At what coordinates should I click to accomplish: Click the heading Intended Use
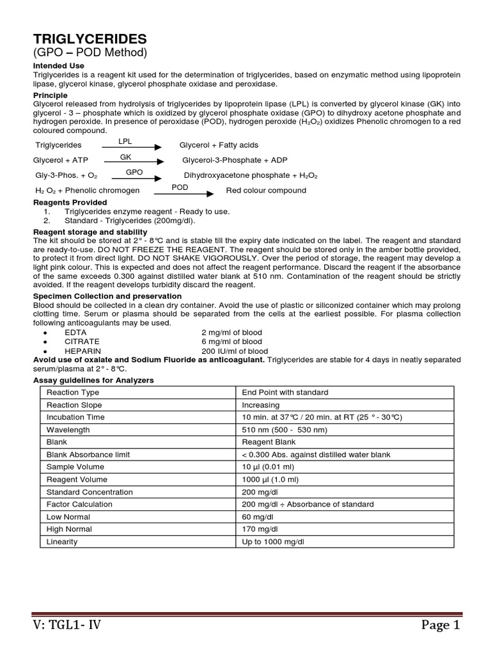(x=58, y=66)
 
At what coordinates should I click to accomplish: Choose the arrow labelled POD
(x=182, y=192)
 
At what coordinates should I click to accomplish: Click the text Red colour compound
(x=266, y=191)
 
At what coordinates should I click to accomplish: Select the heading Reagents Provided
(x=70, y=202)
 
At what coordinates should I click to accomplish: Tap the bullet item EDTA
(x=75, y=333)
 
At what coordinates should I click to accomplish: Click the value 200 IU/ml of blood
(x=235, y=351)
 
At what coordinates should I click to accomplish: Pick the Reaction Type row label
(x=73, y=392)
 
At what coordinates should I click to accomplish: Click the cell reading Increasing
(x=260, y=405)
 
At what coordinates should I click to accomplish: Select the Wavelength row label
(x=68, y=430)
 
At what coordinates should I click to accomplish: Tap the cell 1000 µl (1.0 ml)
(x=270, y=479)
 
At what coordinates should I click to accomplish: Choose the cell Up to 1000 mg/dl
(x=273, y=542)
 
